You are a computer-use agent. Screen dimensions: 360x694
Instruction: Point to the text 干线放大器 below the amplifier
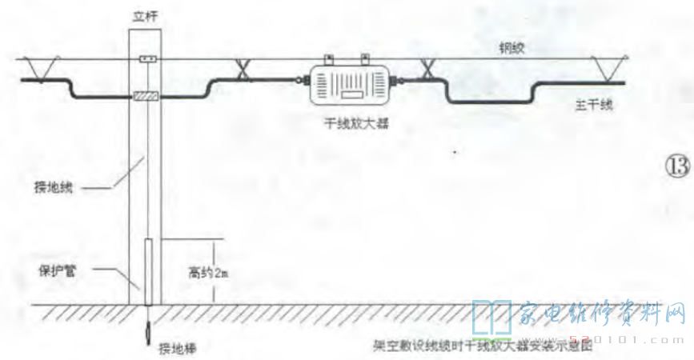point(351,123)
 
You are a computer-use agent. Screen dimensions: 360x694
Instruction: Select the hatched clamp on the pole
point(145,97)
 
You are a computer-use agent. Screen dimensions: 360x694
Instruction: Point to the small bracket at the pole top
point(145,59)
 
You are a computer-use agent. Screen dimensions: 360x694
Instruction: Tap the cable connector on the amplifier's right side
point(399,79)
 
